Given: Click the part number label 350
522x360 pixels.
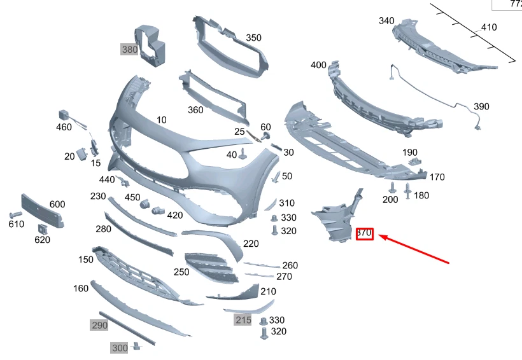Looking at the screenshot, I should pos(253,38).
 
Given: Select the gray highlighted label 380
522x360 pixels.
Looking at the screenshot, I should pos(130,49).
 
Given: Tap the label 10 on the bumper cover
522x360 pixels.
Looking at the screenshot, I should pos(162,120).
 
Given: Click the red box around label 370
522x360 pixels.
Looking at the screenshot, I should pos(364,233).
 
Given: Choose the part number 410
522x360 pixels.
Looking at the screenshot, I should pos(489,27).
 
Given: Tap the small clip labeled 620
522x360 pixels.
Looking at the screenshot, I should pos(41,229).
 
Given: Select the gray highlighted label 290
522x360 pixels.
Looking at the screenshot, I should pos(99,325).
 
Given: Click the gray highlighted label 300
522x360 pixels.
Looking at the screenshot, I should pos(120,348).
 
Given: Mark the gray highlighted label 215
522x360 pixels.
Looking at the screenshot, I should pos(243,320).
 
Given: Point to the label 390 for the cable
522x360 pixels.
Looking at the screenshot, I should pos(481,106).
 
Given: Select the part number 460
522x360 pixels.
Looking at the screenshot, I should pos(64,127).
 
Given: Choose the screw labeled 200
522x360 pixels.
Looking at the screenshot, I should pos(391,188).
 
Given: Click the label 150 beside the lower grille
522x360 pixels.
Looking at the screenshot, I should pos(86,260).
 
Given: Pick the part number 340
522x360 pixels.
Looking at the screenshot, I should pos(386,21).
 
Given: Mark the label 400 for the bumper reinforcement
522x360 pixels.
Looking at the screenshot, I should pos(318,65).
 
